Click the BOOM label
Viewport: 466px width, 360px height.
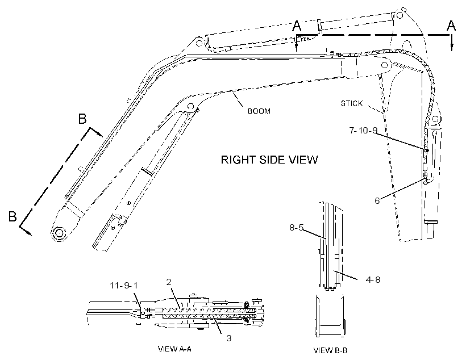pyautogui.click(x=259, y=111)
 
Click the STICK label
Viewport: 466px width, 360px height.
pyautogui.click(x=352, y=103)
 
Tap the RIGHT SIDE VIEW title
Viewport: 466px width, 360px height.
pyautogui.click(x=269, y=160)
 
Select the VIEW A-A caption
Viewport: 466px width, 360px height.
pyautogui.click(x=174, y=349)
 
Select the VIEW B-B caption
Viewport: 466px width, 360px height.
pyautogui.click(x=331, y=350)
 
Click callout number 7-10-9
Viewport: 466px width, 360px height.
pyautogui.click(x=363, y=131)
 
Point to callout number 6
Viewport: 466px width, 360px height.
pyautogui.click(x=377, y=201)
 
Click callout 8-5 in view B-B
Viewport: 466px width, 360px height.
pyautogui.click(x=296, y=228)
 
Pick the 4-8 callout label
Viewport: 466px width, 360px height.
pyautogui.click(x=373, y=280)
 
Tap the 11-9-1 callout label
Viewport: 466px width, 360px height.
pyautogui.click(x=124, y=286)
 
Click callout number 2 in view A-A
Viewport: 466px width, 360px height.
pyautogui.click(x=169, y=282)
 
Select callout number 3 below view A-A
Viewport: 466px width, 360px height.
pyautogui.click(x=229, y=338)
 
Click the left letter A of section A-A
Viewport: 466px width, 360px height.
pyautogui.click(x=297, y=26)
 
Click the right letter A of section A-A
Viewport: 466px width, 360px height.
pyautogui.click(x=451, y=26)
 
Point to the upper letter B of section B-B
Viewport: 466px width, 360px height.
pyautogui.click(x=82, y=119)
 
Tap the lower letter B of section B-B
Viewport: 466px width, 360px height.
pyautogui.click(x=13, y=216)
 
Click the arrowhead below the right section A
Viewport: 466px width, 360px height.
pyautogui.click(x=452, y=47)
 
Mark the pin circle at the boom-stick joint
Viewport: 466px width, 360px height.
pyautogui.click(x=385, y=65)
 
